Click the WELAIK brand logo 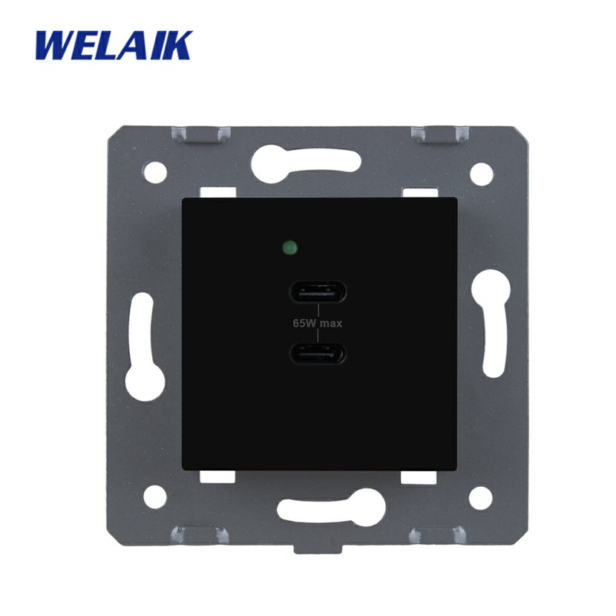pos(114,45)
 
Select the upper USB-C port pos(318,292)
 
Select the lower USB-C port pos(318,354)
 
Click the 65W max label pos(318,324)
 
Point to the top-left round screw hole pos(156,171)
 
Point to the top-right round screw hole pos(482,174)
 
